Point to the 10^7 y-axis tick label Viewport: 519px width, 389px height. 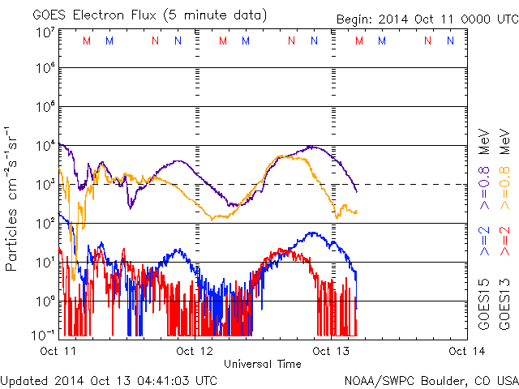click(45, 33)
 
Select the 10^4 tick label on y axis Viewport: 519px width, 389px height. click(45, 146)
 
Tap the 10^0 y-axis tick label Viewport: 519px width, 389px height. click(45, 301)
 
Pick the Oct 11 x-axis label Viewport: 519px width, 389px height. click(58, 351)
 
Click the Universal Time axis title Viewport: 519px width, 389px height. click(262, 364)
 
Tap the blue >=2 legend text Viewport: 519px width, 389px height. click(484, 241)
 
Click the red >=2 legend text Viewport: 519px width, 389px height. click(505, 241)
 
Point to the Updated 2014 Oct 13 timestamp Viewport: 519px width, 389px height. click(109, 380)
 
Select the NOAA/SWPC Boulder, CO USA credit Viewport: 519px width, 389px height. click(431, 380)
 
